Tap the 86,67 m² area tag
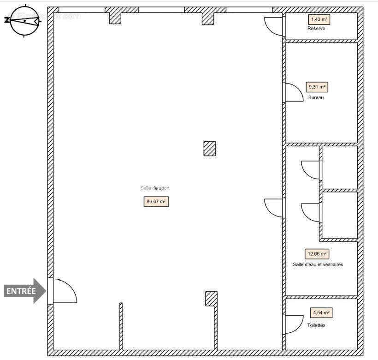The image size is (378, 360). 156,202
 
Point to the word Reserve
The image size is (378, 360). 316,29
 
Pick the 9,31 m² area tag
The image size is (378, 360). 317,87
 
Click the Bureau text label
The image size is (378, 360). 316,98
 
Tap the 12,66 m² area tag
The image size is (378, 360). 317,254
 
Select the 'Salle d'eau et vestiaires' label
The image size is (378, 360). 318,264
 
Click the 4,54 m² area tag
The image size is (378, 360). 321,313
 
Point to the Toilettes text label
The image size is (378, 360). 316,325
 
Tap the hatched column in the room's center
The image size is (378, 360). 210,148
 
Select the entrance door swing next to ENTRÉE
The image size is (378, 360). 62,291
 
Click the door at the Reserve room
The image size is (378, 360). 274,26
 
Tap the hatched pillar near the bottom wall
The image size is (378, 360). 211,298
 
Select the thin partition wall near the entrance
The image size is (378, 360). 121,325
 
